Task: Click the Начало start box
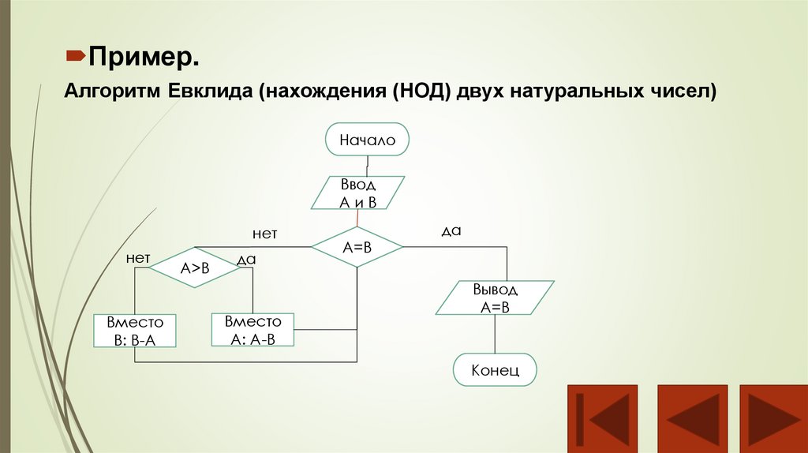(x=367, y=140)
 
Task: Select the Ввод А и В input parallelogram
(x=357, y=193)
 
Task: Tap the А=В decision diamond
(x=357, y=247)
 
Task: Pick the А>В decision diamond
(x=195, y=268)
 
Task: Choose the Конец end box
(x=495, y=370)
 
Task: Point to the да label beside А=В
(x=451, y=230)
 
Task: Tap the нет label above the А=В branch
(x=265, y=234)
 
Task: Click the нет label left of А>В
(x=137, y=257)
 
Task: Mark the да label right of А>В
(x=246, y=258)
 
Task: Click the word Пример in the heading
(x=143, y=57)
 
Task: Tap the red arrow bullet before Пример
(x=76, y=55)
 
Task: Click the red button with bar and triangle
(x=601, y=418)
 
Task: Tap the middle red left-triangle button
(x=692, y=418)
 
